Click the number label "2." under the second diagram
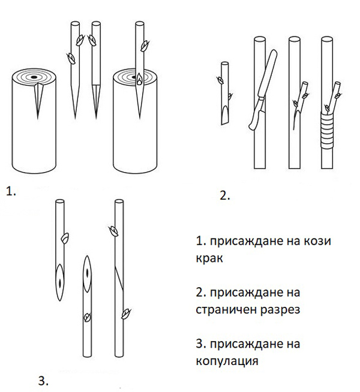pyautogui.click(x=225, y=196)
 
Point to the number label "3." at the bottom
pyautogui.click(x=43, y=380)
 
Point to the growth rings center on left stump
pyautogui.click(x=34, y=77)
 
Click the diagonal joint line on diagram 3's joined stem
pyautogui.click(x=120, y=276)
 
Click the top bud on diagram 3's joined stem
pyautogui.click(x=112, y=229)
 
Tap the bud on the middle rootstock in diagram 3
pyautogui.click(x=88, y=316)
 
